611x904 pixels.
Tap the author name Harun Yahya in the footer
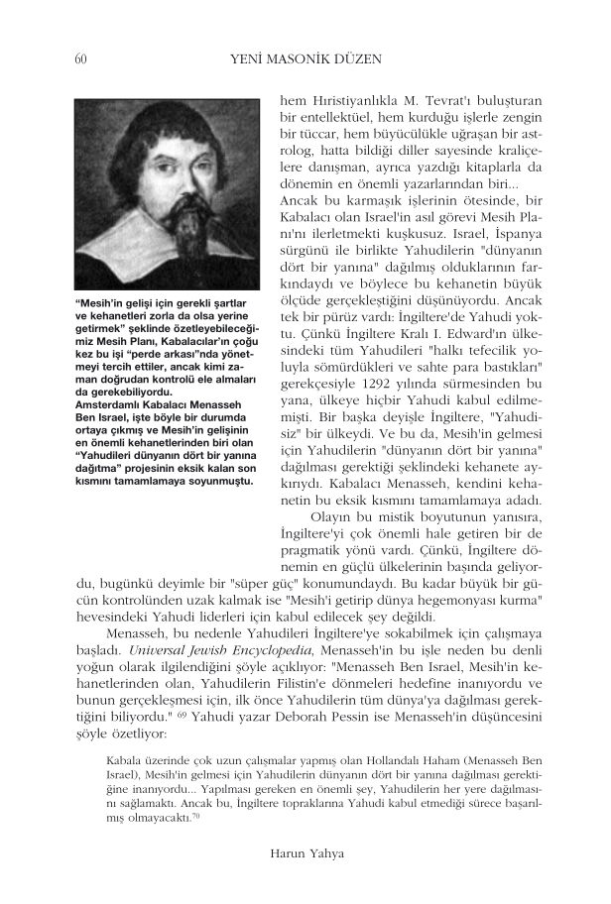point(305,850)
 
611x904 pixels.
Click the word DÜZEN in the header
point(355,59)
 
